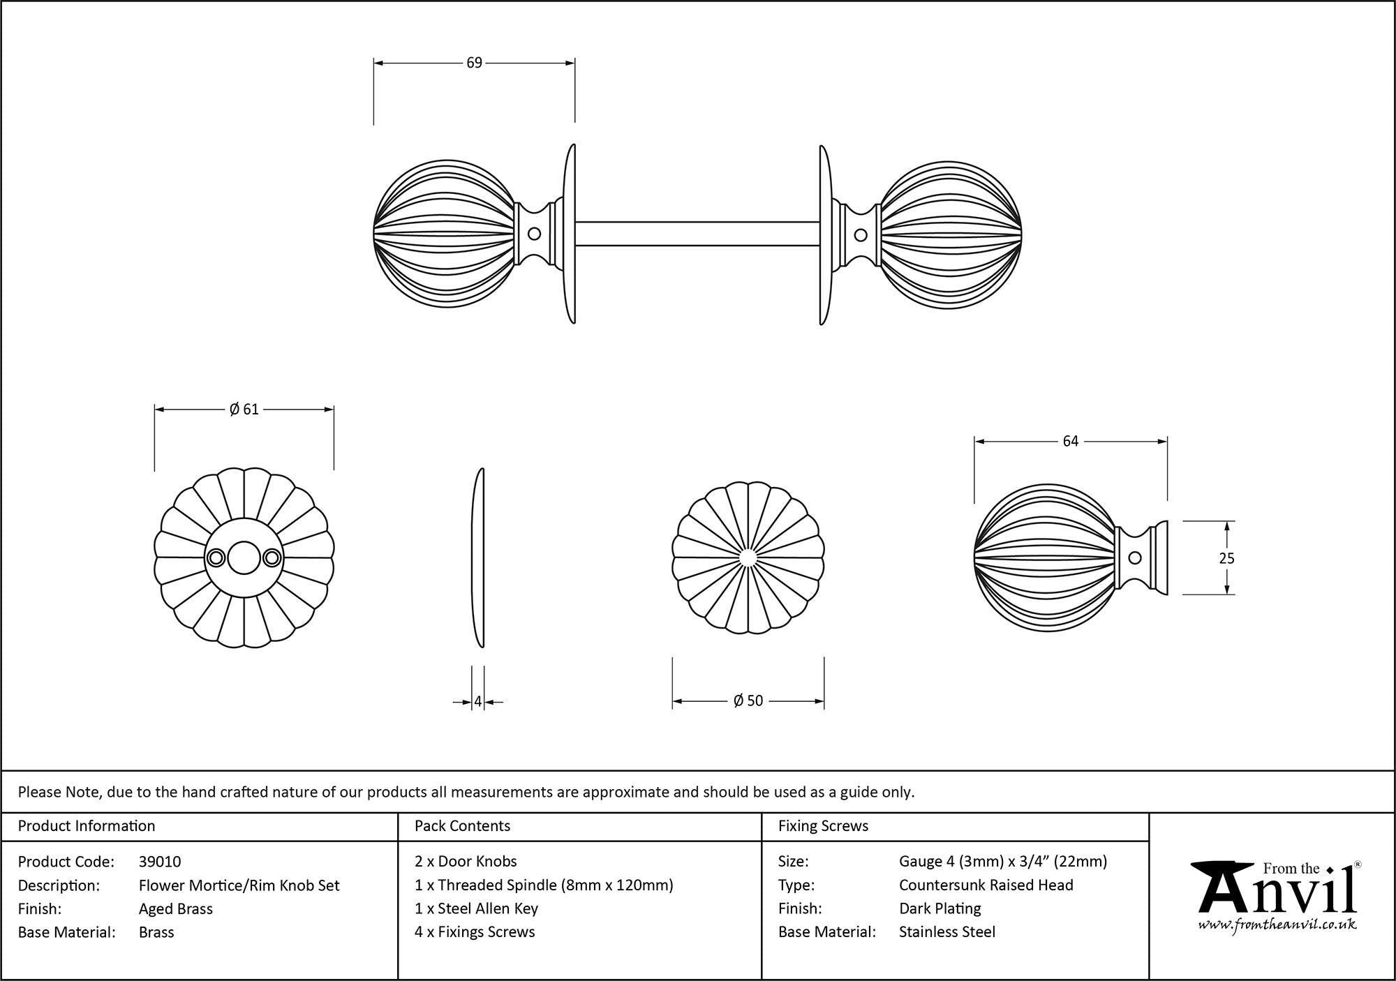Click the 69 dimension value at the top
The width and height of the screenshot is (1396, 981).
(x=474, y=63)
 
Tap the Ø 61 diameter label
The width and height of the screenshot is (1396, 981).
(x=244, y=410)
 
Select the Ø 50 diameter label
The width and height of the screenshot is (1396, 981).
(x=748, y=701)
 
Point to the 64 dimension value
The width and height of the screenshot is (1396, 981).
(x=1070, y=441)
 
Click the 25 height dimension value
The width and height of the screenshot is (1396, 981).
(x=1226, y=558)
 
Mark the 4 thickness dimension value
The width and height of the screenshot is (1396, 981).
(x=478, y=702)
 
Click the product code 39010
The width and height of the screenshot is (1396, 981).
(x=160, y=862)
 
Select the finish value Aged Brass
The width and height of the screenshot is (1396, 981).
(x=176, y=908)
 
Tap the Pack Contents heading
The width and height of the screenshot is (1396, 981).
(x=462, y=826)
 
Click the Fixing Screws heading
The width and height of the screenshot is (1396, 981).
(x=823, y=826)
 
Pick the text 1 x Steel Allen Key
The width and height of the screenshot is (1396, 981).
(x=476, y=908)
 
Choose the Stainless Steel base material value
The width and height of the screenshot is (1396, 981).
(x=947, y=931)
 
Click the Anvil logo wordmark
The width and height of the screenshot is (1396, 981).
(x=1277, y=893)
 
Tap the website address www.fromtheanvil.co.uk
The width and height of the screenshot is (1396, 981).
(x=1277, y=925)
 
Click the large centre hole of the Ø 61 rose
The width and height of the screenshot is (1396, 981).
(x=244, y=557)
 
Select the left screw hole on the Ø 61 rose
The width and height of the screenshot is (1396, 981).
(x=216, y=557)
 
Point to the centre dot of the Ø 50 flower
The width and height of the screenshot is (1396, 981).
(x=748, y=557)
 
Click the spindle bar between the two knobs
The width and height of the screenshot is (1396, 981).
(x=697, y=234)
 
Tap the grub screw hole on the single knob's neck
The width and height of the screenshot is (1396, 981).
(x=1136, y=557)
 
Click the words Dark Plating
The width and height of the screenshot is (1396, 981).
(x=940, y=908)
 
